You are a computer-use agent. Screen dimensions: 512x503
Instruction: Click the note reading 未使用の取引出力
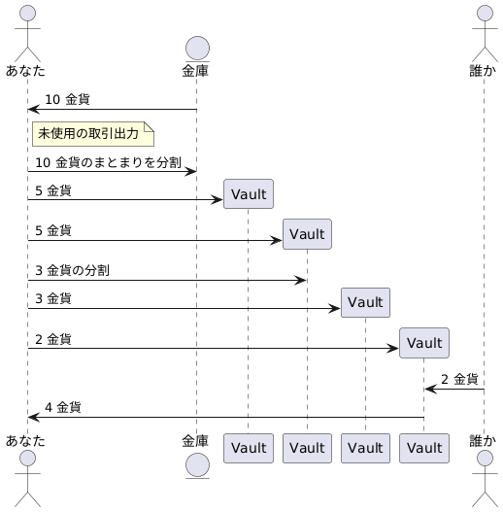(92, 133)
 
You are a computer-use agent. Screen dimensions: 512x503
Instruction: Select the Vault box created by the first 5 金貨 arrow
(248, 194)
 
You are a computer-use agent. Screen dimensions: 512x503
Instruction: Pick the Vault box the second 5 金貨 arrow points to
(307, 234)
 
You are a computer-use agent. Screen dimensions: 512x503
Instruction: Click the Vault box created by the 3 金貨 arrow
(365, 302)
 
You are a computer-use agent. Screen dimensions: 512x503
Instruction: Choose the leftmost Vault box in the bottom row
(248, 447)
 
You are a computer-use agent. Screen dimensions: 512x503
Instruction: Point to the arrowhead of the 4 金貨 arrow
(32, 417)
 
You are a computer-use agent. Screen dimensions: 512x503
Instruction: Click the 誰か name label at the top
(483, 70)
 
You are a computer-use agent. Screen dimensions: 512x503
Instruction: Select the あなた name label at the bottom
(25, 440)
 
